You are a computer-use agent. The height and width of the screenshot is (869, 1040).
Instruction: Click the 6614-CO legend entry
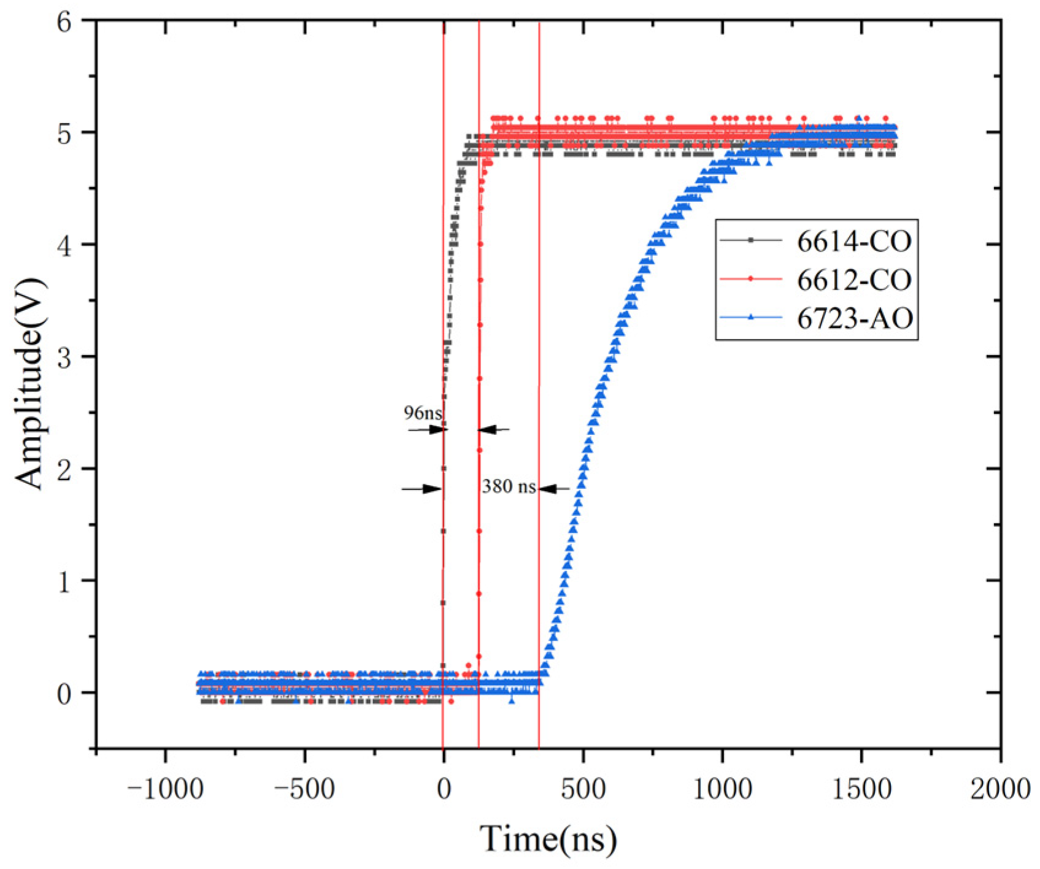(853, 242)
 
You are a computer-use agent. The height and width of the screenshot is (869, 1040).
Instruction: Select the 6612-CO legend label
(853, 280)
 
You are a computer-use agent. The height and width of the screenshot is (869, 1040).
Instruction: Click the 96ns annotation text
(422, 413)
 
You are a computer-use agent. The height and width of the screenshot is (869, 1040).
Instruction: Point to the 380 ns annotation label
(509, 487)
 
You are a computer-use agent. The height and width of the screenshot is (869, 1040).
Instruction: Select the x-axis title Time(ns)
(548, 839)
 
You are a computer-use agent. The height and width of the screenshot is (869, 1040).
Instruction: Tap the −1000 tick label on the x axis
(164, 789)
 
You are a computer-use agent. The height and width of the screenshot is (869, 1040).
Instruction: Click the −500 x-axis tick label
(304, 789)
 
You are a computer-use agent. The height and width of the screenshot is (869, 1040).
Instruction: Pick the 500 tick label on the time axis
(583, 789)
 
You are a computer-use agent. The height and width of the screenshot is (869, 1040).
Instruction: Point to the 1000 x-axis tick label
(722, 789)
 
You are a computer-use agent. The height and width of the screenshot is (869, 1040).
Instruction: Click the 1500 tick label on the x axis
(861, 789)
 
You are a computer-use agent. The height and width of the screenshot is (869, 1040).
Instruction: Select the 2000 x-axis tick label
(1000, 789)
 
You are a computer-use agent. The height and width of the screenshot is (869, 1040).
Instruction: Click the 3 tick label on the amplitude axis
(65, 358)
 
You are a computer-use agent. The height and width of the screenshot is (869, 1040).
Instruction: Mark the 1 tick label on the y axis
(65, 581)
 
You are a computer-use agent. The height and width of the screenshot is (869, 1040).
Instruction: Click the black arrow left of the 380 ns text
(422, 489)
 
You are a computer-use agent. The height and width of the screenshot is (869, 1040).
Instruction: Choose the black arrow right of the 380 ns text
(554, 489)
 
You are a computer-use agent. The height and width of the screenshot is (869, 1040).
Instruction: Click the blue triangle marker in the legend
(750, 317)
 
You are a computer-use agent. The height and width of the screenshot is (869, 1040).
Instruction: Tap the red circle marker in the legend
(750, 279)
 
